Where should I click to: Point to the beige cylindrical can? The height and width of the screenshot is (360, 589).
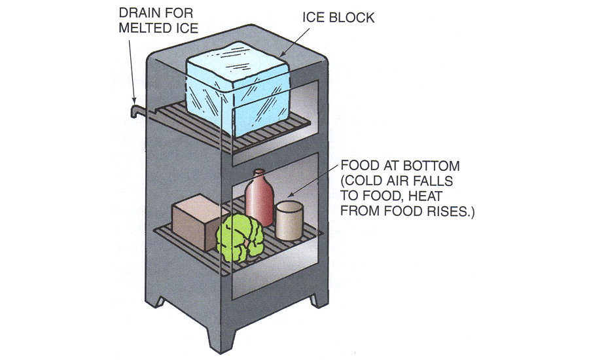point(289,221)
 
